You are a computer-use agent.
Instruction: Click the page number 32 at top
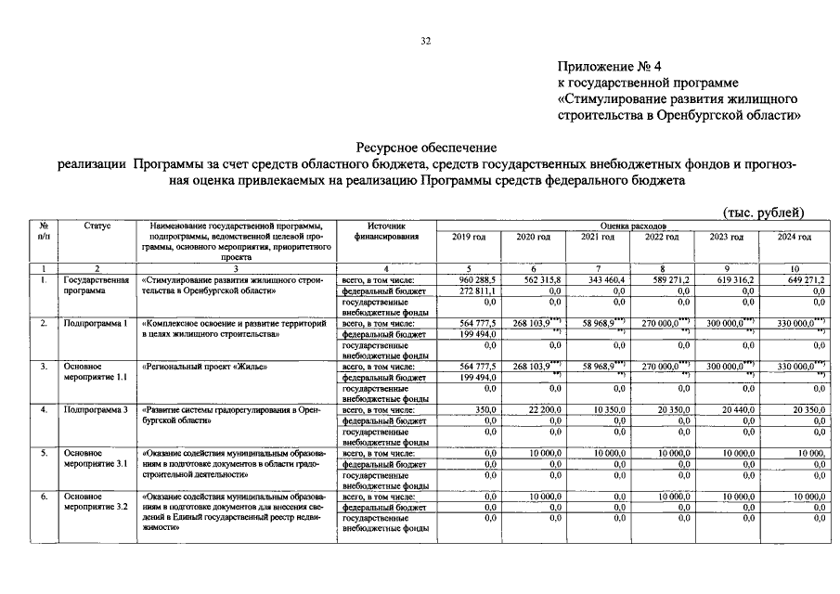(x=425, y=41)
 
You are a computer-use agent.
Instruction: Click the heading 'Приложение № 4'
(x=607, y=67)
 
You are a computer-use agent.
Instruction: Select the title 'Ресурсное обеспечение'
(x=427, y=148)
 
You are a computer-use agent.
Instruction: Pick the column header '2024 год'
(x=795, y=237)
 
